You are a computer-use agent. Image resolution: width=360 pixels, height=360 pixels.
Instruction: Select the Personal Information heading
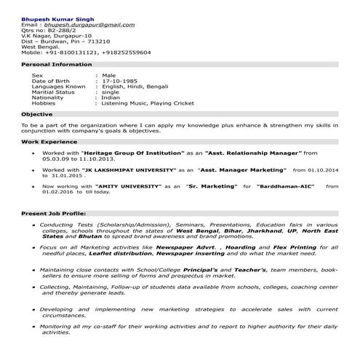(x=51, y=64)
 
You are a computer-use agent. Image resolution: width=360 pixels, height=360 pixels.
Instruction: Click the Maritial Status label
(x=53, y=92)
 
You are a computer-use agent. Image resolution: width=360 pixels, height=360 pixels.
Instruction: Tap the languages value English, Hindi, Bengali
(x=137, y=87)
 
